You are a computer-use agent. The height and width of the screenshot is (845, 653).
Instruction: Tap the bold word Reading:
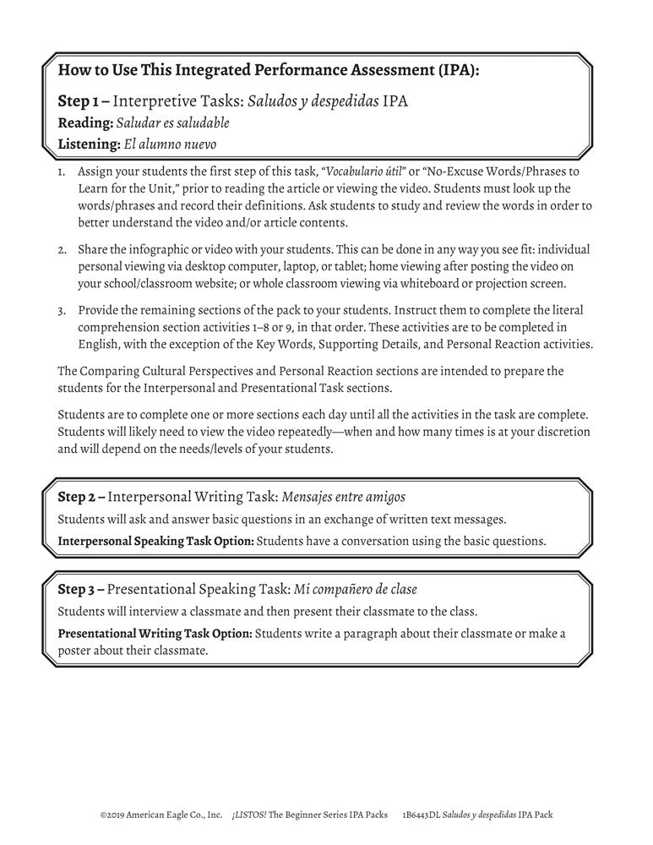click(84, 123)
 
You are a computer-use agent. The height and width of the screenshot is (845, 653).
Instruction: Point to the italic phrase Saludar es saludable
click(172, 123)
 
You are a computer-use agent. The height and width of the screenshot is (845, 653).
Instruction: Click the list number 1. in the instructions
click(63, 171)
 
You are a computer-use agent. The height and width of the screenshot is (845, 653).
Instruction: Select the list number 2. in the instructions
click(63, 250)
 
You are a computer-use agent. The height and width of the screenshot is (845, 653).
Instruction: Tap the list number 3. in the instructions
click(63, 313)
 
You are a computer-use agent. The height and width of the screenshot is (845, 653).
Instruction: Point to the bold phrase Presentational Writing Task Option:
click(155, 633)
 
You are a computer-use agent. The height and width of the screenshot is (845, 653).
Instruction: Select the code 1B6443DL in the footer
click(422, 815)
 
